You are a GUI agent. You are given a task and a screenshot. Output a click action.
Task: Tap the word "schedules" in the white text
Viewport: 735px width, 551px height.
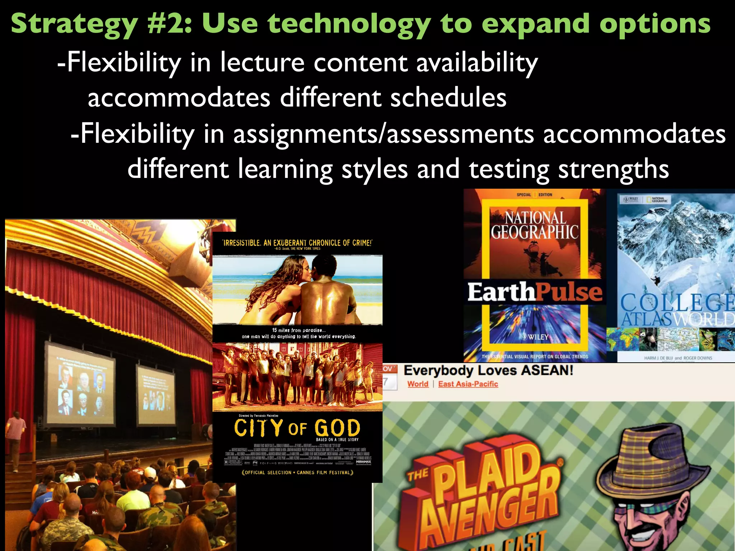coord(448,98)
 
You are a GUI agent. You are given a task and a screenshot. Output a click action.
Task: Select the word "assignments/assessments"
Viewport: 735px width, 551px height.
coord(384,134)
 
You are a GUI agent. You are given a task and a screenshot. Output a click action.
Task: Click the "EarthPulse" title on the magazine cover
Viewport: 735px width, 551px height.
coord(535,292)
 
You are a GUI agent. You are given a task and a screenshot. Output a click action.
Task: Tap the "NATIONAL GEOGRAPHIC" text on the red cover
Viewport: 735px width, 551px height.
coord(535,225)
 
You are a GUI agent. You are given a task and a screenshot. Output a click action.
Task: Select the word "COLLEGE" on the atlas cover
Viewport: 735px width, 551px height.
coord(677,302)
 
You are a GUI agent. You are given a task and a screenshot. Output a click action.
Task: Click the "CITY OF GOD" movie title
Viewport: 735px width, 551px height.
coord(297,428)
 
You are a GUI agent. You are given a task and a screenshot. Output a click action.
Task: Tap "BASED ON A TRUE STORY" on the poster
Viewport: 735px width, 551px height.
coord(337,439)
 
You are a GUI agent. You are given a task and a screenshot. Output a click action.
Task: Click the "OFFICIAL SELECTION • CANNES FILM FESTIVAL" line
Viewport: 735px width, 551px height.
coord(298,472)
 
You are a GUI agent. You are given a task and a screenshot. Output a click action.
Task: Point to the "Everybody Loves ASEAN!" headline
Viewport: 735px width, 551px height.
coord(488,371)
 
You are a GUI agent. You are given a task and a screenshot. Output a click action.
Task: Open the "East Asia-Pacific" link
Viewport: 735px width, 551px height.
coord(468,384)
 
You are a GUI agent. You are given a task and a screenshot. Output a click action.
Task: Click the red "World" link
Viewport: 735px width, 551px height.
coord(418,384)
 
